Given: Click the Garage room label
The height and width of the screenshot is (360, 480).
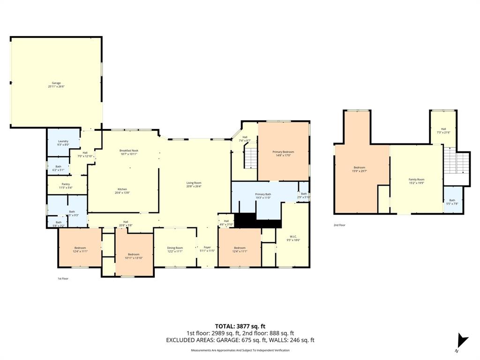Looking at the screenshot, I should pyautogui.click(x=56, y=83).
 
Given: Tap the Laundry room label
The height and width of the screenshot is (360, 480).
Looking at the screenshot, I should pyautogui.click(x=63, y=141).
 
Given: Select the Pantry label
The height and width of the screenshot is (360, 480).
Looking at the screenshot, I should pyautogui.click(x=66, y=184).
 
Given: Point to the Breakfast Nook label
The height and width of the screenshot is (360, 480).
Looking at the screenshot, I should pyautogui.click(x=129, y=150).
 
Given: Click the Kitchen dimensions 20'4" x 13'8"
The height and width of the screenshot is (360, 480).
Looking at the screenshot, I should pyautogui.click(x=122, y=193).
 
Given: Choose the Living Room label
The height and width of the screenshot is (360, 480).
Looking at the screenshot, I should pyautogui.click(x=194, y=183).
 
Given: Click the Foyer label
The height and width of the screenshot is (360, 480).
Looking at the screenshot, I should pyautogui.click(x=207, y=247).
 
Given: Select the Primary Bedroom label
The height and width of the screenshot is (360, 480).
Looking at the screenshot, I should pyautogui.click(x=283, y=152).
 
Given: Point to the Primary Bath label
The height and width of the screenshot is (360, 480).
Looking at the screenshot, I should pyautogui.click(x=263, y=194).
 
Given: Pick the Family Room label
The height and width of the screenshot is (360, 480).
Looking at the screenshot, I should pyautogui.click(x=416, y=180).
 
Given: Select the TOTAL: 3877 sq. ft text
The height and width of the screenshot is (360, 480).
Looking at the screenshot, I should pyautogui.click(x=240, y=326).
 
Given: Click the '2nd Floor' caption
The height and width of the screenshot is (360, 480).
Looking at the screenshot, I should pyautogui.click(x=339, y=225).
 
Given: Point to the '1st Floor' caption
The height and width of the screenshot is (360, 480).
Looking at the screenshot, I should pyautogui.click(x=63, y=278).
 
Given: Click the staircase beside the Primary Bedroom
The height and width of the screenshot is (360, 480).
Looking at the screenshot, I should pyautogui.click(x=251, y=158).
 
